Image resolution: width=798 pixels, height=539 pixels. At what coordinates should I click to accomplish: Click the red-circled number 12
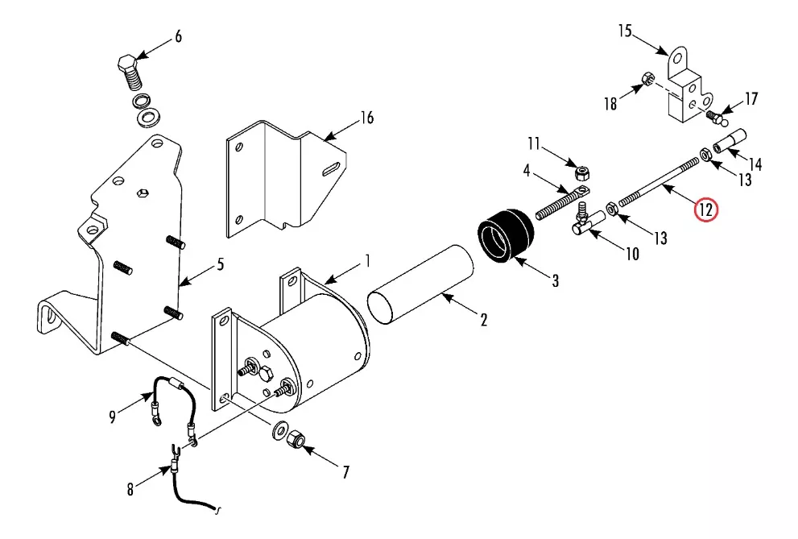[706, 209]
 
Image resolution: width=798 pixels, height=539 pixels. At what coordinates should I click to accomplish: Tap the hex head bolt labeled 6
[130, 72]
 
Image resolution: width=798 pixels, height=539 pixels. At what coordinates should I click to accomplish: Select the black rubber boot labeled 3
[506, 236]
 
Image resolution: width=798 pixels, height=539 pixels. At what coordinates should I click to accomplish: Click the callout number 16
[367, 118]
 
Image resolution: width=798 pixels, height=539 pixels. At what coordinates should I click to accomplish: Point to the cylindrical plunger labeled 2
[420, 284]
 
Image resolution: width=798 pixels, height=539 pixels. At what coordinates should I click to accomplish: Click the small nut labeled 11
[581, 173]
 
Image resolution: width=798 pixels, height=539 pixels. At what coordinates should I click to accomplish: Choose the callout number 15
[625, 31]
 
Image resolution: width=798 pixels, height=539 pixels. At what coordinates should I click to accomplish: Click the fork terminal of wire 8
[175, 451]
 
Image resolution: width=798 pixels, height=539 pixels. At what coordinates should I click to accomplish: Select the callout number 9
[112, 417]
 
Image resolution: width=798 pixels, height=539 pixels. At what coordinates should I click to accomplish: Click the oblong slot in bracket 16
[332, 168]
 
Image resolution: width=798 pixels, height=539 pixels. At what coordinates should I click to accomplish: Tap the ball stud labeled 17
[717, 119]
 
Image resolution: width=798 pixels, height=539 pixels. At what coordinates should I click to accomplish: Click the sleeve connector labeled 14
[730, 141]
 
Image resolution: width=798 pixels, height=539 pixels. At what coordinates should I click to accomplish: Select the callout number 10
[632, 254]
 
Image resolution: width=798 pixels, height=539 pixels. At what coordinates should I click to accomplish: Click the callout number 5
[221, 264]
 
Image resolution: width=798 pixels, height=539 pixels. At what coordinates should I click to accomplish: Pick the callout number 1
[368, 261]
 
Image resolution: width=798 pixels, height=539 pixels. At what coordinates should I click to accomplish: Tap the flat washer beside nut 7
[279, 430]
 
